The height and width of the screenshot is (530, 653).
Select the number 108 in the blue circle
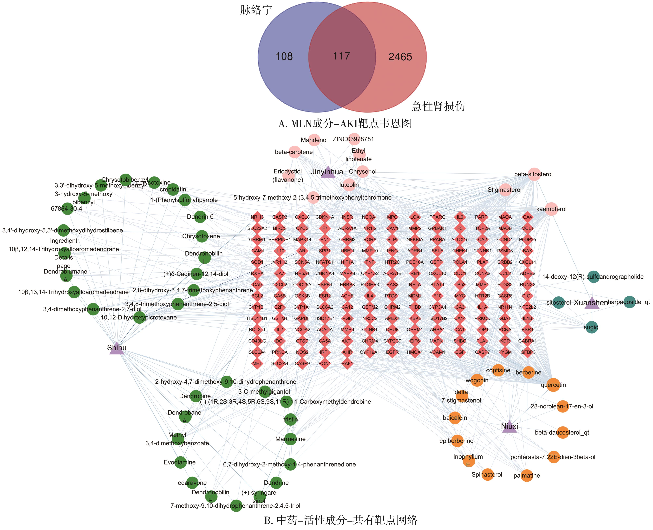[x=284, y=57]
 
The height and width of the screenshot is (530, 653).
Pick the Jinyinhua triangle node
[x=328, y=172]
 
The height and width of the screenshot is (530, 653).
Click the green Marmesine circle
[x=290, y=439]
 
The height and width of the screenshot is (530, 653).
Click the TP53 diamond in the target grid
[x=460, y=285]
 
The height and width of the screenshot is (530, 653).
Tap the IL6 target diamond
[x=460, y=217]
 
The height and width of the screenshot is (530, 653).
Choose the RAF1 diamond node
[x=347, y=363]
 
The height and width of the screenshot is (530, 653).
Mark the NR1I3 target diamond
[x=257, y=217]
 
